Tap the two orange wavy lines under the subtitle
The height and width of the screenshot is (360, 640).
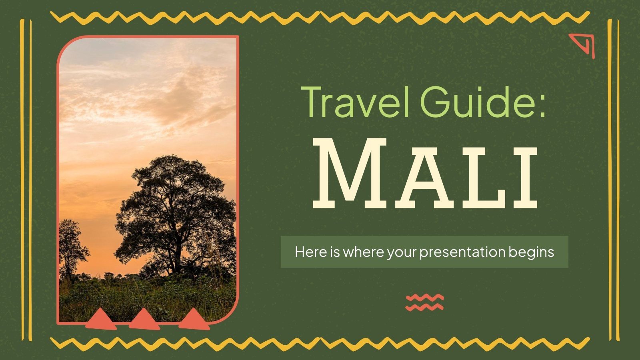pos(424,302)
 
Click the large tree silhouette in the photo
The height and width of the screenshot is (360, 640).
pos(176,200)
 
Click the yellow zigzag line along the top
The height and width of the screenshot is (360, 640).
pos(320,17)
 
